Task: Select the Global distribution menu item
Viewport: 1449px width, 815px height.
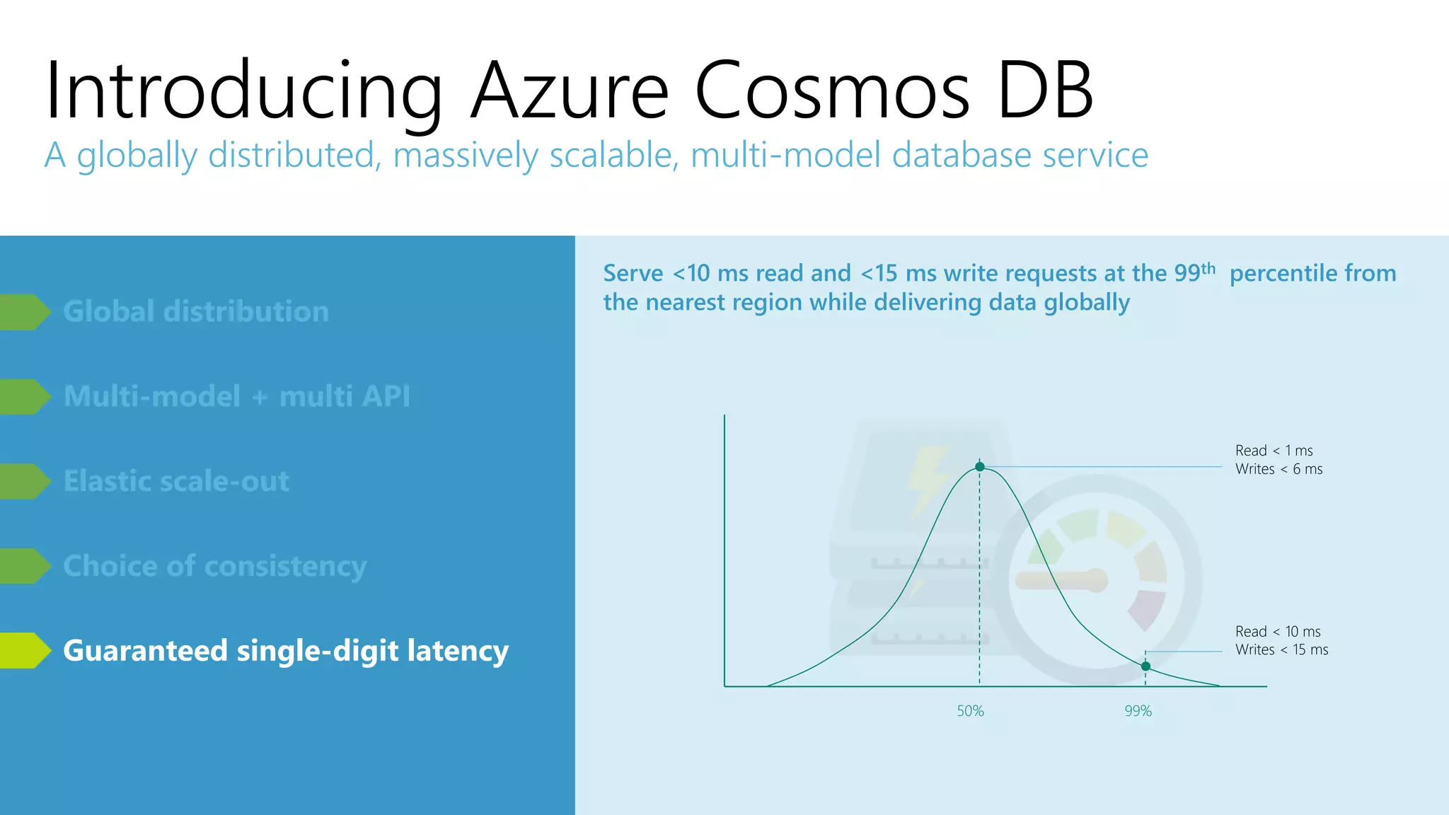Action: [196, 312]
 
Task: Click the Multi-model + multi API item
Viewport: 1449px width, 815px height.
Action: [236, 396]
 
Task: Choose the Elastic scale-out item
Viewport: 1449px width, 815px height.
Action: [176, 481]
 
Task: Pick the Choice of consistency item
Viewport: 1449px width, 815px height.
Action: [214, 566]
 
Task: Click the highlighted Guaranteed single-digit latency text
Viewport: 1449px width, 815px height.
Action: [286, 651]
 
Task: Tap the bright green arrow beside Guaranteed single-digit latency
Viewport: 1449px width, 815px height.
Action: [25, 651]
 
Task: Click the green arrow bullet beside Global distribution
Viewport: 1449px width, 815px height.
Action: [25, 312]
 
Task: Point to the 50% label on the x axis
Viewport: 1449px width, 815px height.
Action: [970, 711]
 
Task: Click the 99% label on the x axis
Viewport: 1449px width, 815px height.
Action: [1138, 711]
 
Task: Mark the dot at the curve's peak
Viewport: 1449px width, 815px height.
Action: [979, 467]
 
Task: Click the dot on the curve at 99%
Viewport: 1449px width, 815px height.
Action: [1145, 666]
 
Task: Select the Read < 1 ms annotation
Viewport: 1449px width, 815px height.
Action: [1274, 451]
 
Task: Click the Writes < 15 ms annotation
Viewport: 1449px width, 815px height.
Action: [1281, 649]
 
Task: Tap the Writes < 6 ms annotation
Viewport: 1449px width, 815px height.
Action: [1278, 469]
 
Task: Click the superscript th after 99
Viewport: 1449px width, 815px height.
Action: [1208, 268]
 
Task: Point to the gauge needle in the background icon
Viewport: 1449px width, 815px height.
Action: [1061, 580]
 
